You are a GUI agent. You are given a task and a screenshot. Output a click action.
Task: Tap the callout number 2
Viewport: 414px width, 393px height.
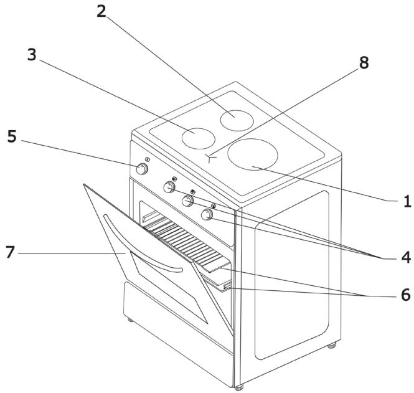click(101, 11)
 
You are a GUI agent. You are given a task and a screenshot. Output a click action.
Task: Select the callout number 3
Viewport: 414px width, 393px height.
click(32, 55)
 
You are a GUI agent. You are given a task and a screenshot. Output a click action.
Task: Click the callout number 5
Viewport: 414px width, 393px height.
click(12, 136)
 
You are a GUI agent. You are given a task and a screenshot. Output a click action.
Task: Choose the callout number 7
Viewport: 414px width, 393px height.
click(10, 252)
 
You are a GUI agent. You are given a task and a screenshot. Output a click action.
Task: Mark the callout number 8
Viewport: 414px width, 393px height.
click(364, 63)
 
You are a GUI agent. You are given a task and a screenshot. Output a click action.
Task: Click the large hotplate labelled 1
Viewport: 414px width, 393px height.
click(253, 154)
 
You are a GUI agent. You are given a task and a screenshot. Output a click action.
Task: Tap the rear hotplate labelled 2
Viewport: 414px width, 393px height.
click(237, 120)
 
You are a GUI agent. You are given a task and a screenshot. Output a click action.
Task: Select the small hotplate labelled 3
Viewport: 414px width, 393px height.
click(199, 138)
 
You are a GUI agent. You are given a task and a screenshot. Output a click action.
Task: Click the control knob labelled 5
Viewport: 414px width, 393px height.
click(142, 169)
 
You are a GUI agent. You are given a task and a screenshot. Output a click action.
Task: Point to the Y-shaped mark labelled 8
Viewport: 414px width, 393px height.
click(210, 158)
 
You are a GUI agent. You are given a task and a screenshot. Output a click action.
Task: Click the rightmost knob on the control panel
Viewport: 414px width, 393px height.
click(207, 214)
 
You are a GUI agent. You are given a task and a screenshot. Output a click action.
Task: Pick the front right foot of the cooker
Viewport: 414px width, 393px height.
click(239, 387)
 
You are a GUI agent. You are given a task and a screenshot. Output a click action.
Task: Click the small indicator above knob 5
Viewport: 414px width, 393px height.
click(148, 159)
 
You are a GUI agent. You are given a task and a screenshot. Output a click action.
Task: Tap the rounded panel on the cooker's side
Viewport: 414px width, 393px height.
click(292, 275)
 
